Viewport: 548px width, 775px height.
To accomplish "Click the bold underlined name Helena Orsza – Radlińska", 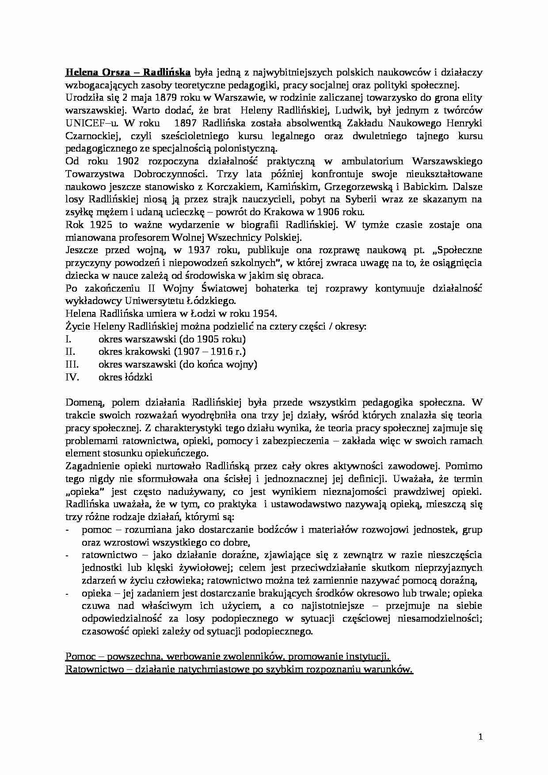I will point(128,72).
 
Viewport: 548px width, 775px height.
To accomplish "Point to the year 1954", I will point(264,314).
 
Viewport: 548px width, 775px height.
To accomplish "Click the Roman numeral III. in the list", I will point(72,365).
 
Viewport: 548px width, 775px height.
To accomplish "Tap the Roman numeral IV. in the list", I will point(72,378).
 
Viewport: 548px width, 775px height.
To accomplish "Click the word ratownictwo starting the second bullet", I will point(109,555).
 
